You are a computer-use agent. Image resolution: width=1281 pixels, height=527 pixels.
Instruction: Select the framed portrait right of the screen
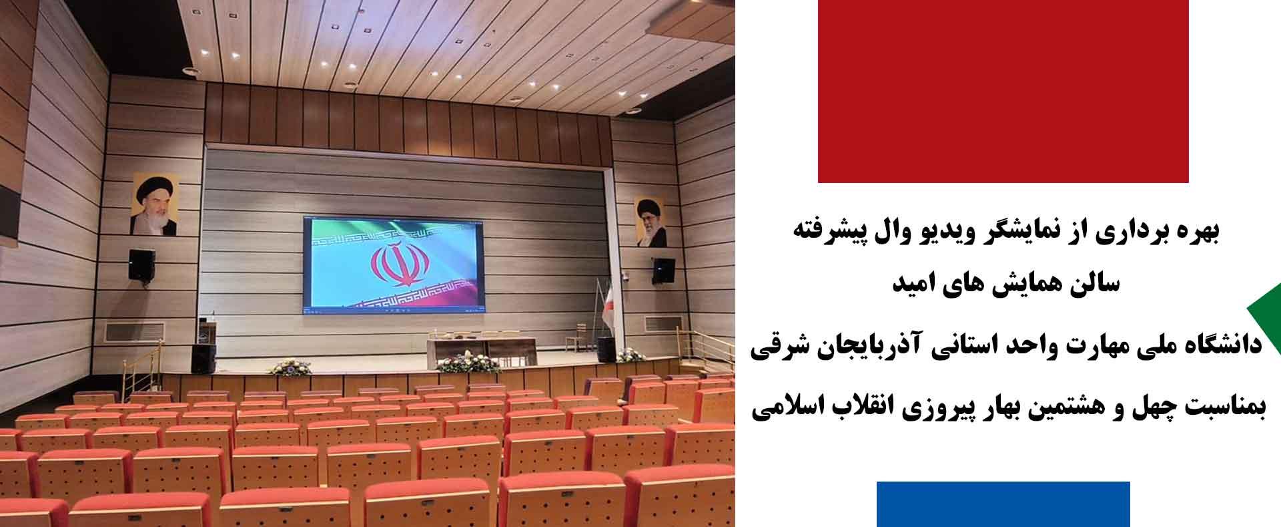coord(649,222)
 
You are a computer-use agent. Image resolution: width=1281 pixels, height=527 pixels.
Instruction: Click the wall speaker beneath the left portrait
coord(141,265)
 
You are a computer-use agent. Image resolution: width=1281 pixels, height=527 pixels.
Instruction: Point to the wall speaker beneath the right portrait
coord(663,271)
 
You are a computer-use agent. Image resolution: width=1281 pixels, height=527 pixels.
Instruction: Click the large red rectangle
coord(1003,91)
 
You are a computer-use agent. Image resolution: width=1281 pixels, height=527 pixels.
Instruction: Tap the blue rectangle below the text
coord(1003,504)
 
